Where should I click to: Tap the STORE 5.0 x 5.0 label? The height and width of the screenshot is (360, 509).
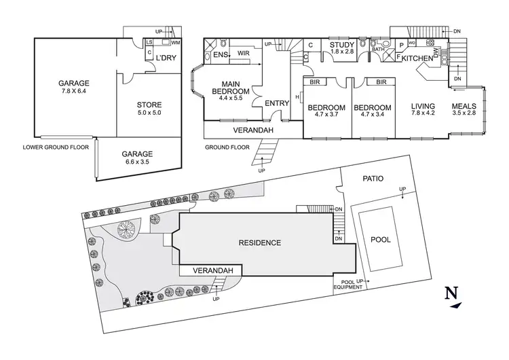(149, 109)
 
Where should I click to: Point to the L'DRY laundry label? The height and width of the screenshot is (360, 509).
(166, 58)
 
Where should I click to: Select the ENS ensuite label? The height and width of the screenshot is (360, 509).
(220, 54)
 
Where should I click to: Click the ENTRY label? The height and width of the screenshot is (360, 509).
(277, 103)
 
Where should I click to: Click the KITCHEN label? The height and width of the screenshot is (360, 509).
(417, 59)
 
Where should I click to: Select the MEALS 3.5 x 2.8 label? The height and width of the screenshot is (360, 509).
(465, 111)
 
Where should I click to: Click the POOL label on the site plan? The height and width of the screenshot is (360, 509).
(381, 240)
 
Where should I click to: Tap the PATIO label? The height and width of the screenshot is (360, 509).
(373, 179)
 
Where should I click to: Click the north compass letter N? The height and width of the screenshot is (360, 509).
(449, 293)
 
